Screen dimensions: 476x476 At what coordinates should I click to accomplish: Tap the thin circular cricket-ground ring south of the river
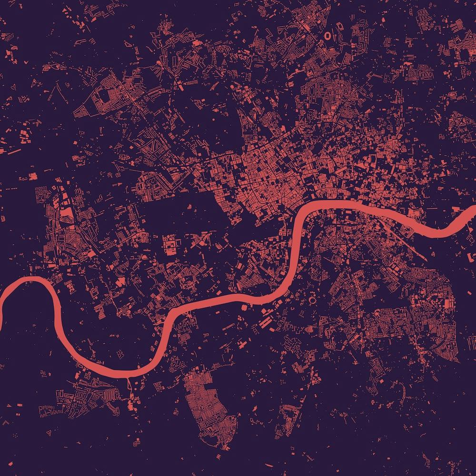(313, 300)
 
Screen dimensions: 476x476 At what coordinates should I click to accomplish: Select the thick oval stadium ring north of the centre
(328, 35)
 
